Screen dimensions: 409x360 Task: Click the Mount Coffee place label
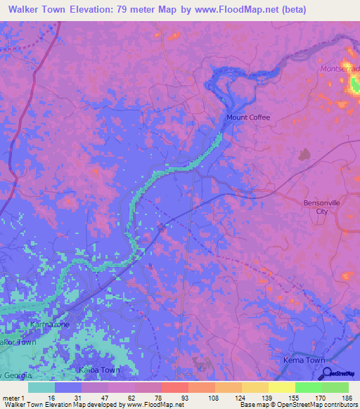[247, 117]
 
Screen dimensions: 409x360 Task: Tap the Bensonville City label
[321, 207]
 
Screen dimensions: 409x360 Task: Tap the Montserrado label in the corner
[340, 69]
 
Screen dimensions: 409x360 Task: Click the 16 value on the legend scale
[51, 398]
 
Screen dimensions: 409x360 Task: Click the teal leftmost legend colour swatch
[41, 387]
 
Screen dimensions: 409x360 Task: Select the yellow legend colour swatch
[281, 387]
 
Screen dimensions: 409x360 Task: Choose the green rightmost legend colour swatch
[335, 387]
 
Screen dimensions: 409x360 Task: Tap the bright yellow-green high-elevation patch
[354, 86]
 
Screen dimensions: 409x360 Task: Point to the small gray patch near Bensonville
[304, 155]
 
